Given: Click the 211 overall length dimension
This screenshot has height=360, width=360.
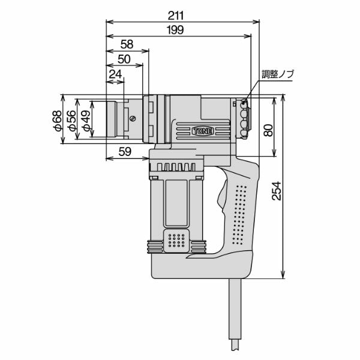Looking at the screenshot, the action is pos(176,16).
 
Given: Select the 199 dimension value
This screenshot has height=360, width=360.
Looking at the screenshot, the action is pos(176,30).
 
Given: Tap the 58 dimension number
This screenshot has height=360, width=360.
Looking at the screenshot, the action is pos(127,44).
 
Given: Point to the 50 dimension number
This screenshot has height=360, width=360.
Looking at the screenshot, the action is pos(124,59).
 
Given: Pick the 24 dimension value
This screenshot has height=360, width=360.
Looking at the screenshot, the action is pos(115,74).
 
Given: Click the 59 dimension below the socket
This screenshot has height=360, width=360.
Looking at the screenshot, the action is pos(125,152).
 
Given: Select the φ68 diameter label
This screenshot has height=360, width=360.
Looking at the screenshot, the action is pos(58,121).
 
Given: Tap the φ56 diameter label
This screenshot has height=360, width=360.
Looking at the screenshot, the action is pos(71,121).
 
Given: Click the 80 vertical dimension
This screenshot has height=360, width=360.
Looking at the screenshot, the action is pos(268,130).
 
